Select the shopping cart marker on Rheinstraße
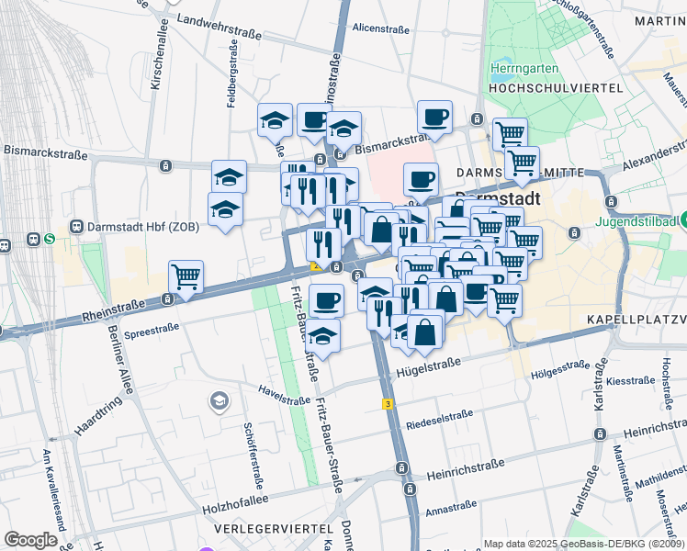click(x=186, y=275)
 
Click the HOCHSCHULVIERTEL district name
click(x=557, y=87)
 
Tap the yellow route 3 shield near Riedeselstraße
click(x=389, y=403)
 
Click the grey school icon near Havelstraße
click(x=219, y=400)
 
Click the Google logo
click(x=30, y=539)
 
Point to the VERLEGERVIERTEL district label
click(x=272, y=530)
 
